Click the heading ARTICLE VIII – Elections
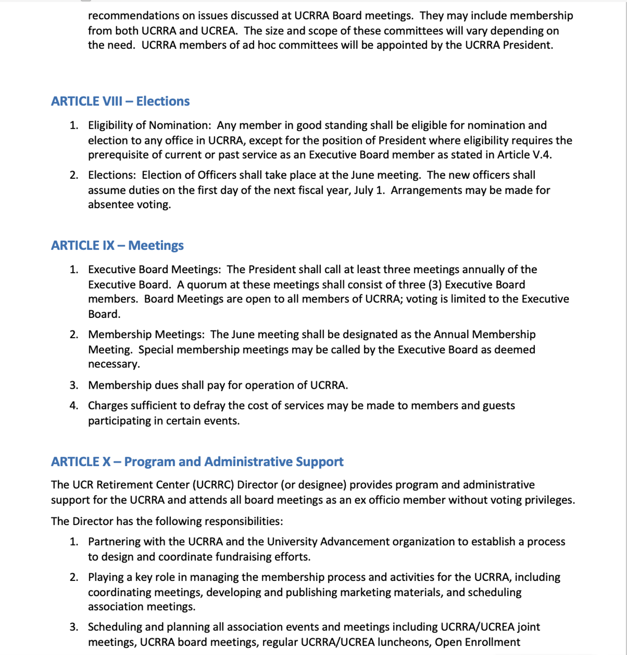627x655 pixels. coord(120,101)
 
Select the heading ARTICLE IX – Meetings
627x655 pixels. coord(117,245)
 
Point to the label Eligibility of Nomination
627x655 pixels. coord(149,125)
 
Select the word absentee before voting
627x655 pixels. coord(109,205)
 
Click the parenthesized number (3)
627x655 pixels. coord(435,285)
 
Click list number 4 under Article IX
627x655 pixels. coord(74,406)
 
